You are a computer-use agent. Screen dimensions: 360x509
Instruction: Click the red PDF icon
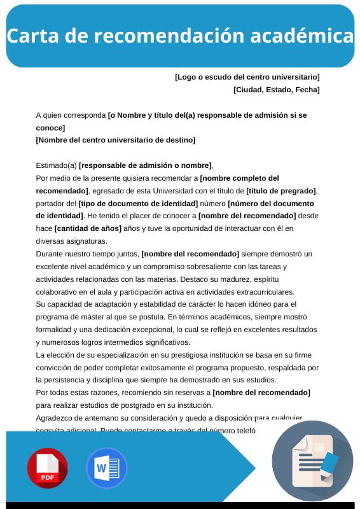pos(47,468)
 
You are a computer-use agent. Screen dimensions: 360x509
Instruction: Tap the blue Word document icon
pos(106,468)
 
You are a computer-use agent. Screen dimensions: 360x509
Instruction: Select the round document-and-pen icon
pos(312,461)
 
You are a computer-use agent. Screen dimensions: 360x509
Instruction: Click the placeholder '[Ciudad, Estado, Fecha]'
pos(277,90)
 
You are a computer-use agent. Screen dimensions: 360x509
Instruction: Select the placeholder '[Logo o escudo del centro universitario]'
pos(247,77)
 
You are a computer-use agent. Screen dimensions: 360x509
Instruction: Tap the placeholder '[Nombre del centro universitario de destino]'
pos(116,140)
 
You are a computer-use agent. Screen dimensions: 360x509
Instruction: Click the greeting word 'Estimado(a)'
pos(57,165)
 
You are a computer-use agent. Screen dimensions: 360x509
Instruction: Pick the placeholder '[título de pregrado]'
pos(280,191)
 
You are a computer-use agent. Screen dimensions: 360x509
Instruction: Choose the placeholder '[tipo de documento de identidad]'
pos(138,204)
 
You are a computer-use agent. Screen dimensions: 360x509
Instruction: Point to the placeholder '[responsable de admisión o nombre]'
pos(145,165)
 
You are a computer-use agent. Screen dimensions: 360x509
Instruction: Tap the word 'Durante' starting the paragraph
pos(50,254)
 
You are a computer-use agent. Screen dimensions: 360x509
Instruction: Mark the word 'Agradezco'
pos(55,418)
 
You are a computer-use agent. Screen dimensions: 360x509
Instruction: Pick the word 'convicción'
pos(55,367)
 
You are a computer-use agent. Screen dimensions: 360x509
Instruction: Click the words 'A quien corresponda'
pos(71,115)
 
